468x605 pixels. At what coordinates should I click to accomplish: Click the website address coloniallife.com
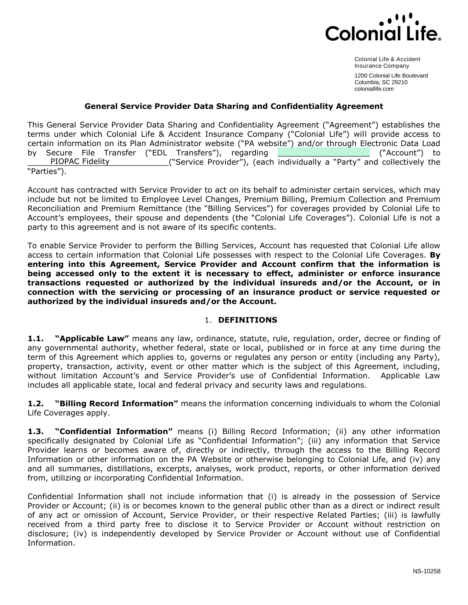pos(374,89)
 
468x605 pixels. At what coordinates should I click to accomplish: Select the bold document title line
pos(234,106)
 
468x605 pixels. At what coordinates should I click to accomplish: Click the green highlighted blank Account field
pos(324,153)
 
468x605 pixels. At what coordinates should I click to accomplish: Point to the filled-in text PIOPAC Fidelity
pos(80,161)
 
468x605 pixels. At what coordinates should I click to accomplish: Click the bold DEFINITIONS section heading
pos(247,320)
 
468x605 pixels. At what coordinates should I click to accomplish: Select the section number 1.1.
pos(36,338)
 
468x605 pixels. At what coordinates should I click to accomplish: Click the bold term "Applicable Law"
pos(92,338)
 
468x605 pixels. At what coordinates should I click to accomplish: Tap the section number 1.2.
pos(36,404)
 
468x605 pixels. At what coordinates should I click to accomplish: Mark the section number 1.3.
pos(36,431)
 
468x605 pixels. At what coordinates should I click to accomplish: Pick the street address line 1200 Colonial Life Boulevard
pos(391,76)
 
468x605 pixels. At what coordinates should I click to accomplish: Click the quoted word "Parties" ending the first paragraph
pos(47,171)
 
